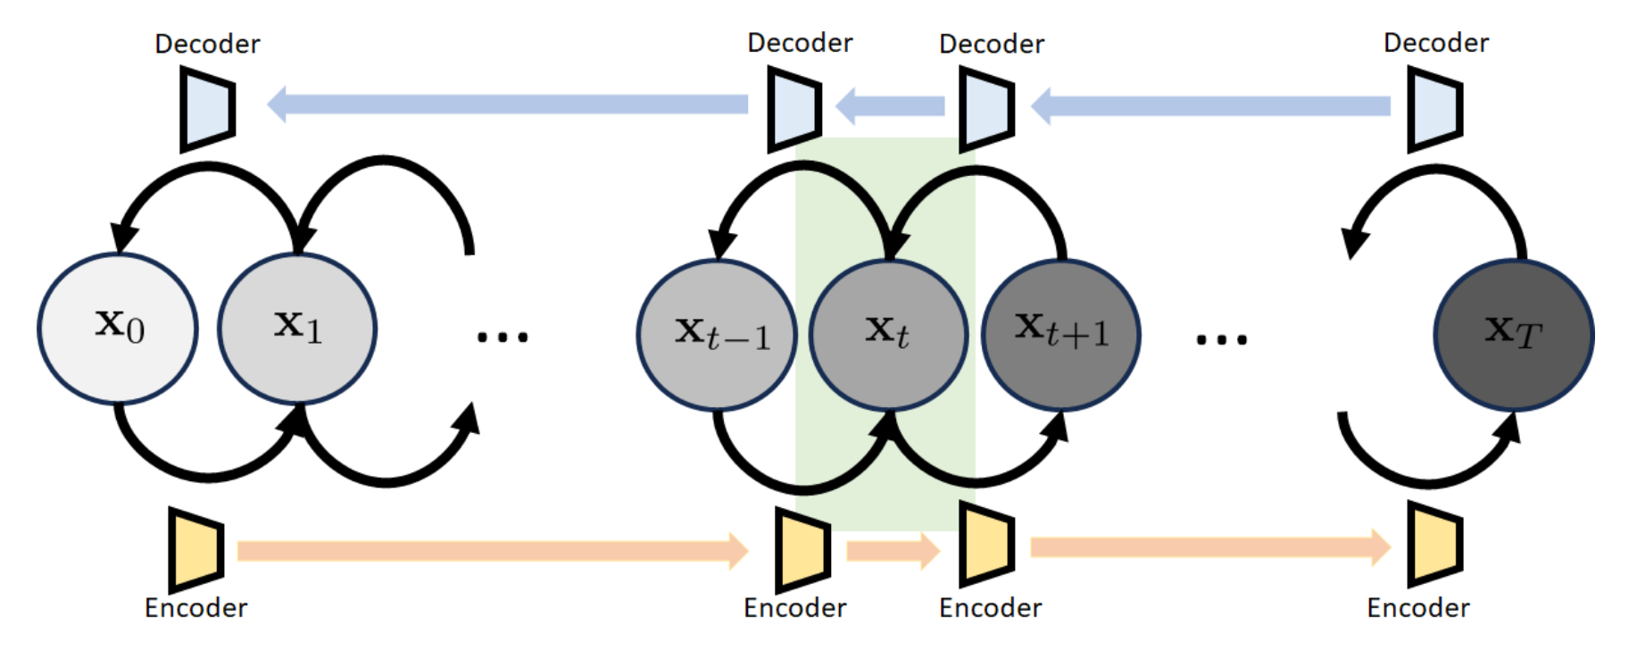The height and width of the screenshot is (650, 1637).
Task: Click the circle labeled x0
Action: pos(118,329)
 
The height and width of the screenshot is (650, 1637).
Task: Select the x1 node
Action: pos(297,329)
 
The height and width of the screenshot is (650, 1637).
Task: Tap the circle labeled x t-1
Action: pos(717,335)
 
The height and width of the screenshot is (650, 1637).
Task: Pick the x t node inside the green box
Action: pos(888,335)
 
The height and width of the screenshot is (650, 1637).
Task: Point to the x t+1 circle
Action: pos(1060,335)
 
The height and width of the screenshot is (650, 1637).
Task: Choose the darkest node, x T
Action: pos(1514,335)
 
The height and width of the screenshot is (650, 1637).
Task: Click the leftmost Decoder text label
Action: pos(207,44)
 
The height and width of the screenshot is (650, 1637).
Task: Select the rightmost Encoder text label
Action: pos(1417,608)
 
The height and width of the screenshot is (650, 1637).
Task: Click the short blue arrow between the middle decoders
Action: pos(890,106)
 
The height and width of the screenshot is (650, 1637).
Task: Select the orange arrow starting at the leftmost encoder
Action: pos(492,551)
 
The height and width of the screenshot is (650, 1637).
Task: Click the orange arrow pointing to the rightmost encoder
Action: pos(1210,546)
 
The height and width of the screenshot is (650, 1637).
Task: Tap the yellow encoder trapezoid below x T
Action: pos(1434,544)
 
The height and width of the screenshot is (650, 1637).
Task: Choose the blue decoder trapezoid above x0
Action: pos(207,109)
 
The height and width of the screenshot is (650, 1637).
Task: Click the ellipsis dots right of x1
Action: pos(502,337)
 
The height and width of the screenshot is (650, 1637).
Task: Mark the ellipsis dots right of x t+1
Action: pos(1221,339)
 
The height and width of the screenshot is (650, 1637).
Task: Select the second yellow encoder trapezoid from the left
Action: pos(802,549)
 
